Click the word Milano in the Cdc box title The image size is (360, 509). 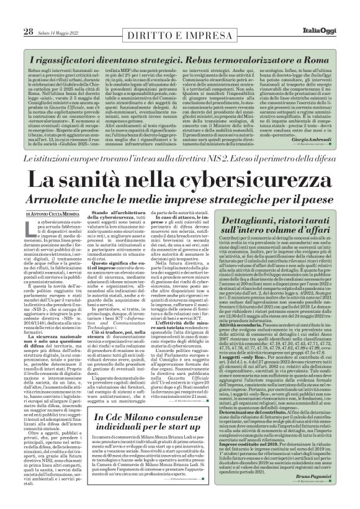[x=136, y=403]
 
